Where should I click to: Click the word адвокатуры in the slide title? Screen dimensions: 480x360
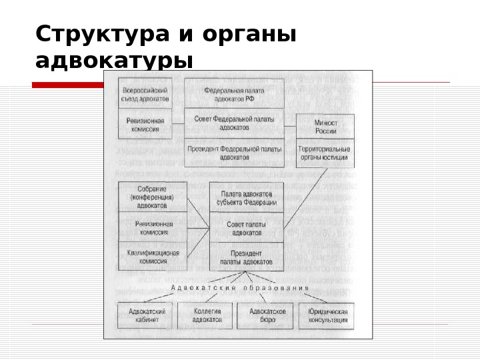click(x=114, y=61)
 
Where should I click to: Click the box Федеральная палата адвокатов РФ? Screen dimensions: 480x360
click(x=234, y=94)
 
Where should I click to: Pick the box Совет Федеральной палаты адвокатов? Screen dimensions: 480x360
click(x=234, y=122)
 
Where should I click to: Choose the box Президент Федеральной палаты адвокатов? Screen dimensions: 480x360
click(x=234, y=153)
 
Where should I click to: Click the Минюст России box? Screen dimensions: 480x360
click(x=325, y=127)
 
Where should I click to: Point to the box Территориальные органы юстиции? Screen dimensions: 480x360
click(x=325, y=154)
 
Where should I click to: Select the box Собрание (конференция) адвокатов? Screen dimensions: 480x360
click(x=151, y=197)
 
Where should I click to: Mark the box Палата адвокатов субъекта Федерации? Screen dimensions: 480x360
click(x=246, y=197)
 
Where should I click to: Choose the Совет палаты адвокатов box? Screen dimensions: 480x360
click(x=246, y=228)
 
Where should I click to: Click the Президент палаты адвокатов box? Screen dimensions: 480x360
click(x=246, y=257)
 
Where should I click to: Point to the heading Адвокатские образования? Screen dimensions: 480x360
click(x=240, y=289)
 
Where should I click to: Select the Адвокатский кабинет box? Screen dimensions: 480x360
click(x=146, y=315)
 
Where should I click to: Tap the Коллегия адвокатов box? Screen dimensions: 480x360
click(x=207, y=315)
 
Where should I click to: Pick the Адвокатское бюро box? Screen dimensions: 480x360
click(x=267, y=315)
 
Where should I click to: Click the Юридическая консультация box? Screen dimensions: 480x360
click(x=327, y=315)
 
